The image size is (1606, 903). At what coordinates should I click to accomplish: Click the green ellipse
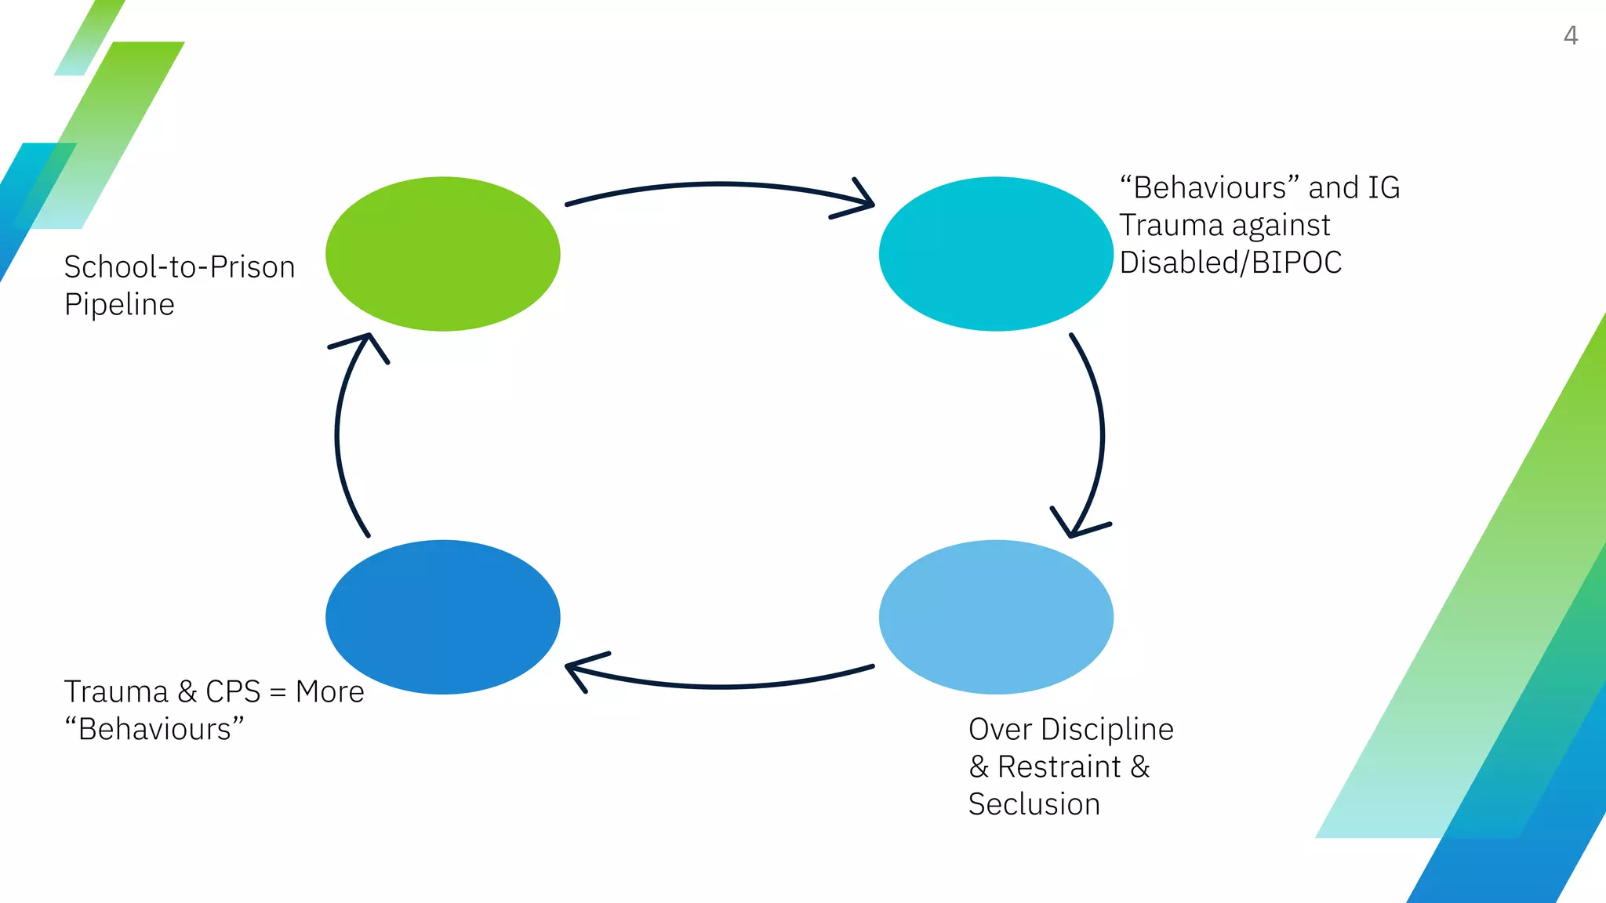[x=442, y=253]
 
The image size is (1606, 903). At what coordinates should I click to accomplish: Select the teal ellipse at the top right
[x=996, y=253]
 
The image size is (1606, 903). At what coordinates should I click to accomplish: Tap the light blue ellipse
[x=996, y=617]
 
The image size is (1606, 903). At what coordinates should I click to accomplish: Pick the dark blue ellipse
[x=442, y=617]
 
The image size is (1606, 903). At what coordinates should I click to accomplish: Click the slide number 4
[x=1570, y=35]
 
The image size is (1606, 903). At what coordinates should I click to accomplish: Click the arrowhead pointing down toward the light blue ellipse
[x=1074, y=525]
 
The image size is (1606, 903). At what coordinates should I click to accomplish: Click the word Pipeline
[x=119, y=304]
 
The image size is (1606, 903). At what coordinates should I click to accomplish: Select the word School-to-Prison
[x=179, y=267]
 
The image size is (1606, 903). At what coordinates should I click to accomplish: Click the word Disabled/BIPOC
[x=1230, y=263]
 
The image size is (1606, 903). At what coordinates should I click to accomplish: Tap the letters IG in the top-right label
[x=1383, y=187]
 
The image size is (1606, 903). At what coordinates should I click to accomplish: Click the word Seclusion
[x=1034, y=804]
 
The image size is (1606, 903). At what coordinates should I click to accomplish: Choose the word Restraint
[x=1059, y=767]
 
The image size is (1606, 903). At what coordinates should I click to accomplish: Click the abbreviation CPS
[x=232, y=691]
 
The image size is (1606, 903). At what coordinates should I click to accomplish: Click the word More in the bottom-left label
[x=329, y=691]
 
